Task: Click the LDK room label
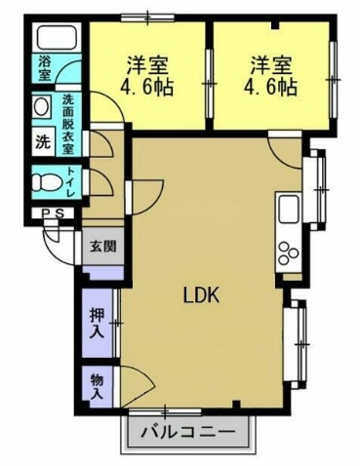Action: click(202, 295)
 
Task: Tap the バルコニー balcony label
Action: click(187, 432)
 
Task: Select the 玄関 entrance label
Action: click(102, 247)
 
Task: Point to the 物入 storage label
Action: click(97, 386)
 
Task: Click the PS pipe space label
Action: click(54, 214)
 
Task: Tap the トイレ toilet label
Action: click(71, 181)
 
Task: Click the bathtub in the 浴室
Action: click(57, 36)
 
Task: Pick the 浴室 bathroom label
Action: click(45, 68)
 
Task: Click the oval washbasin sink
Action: click(42, 106)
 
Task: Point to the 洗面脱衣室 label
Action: click(68, 124)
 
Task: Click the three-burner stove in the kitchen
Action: click(288, 253)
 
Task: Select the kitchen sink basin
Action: click(288, 210)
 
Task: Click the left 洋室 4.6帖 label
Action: click(147, 76)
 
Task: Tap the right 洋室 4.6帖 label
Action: click(270, 76)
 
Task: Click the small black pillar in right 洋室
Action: click(275, 25)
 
